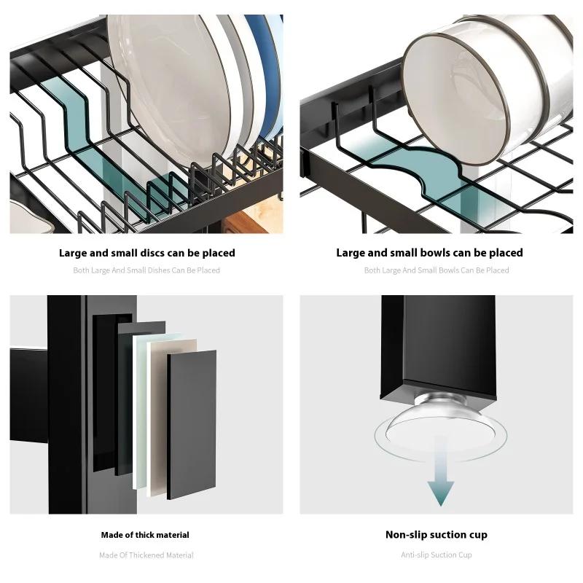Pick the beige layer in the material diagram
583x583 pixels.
(173, 416)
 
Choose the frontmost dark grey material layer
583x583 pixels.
(192, 425)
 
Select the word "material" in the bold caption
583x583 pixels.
(174, 535)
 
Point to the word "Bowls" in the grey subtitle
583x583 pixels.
(449, 270)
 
